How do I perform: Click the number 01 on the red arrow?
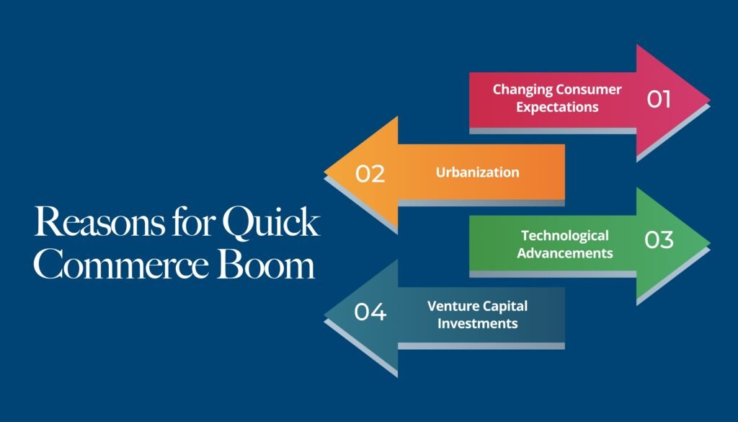pos(659,98)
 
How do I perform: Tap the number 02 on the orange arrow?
pos(370,173)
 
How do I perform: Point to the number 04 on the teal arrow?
pos(370,312)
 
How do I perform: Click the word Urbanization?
pos(477,172)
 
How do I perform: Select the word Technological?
pos(564,235)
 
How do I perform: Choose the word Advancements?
pos(564,252)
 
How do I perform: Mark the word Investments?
pos(477,323)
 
